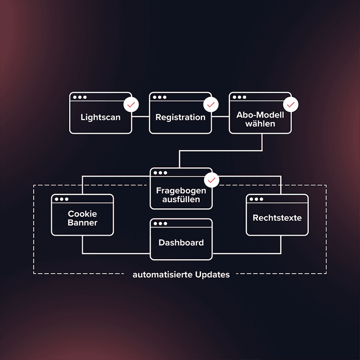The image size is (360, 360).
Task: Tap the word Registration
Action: (x=180, y=117)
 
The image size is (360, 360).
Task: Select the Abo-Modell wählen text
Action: (x=260, y=119)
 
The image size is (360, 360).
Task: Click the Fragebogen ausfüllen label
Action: (x=181, y=195)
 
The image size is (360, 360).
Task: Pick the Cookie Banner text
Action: (x=83, y=218)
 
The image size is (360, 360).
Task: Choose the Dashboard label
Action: (x=181, y=242)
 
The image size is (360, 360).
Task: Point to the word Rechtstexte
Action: (x=277, y=218)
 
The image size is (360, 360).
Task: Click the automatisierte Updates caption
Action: (x=181, y=275)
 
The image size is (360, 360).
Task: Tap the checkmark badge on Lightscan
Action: (x=130, y=104)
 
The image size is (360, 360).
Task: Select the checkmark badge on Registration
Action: (x=210, y=104)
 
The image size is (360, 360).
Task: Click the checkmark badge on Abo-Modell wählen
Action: (x=290, y=104)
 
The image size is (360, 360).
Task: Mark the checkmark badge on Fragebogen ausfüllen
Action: (x=211, y=180)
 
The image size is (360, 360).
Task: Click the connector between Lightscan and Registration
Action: (x=140, y=116)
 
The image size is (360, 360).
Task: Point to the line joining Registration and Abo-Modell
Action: (x=220, y=116)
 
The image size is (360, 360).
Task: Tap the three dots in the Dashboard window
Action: (x=160, y=224)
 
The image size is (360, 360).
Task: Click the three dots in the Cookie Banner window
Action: (x=61, y=199)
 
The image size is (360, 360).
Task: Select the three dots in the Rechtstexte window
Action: (x=256, y=199)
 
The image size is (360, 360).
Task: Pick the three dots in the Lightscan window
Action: (x=80, y=97)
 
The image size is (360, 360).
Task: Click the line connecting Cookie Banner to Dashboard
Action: (x=115, y=252)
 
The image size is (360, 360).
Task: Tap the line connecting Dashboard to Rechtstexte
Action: (x=247, y=252)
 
